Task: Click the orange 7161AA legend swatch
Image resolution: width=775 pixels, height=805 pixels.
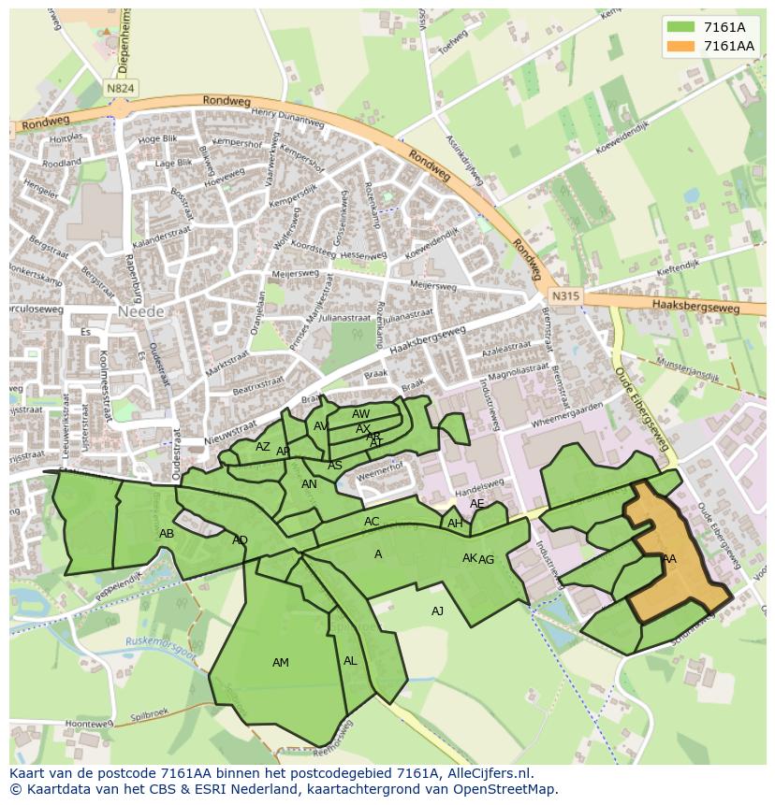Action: click(680, 46)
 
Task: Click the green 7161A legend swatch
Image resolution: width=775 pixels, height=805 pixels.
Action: click(680, 27)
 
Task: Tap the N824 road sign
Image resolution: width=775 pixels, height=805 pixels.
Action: click(120, 88)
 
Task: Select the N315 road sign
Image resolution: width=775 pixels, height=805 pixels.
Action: click(563, 296)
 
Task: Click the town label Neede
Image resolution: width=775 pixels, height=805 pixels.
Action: click(140, 311)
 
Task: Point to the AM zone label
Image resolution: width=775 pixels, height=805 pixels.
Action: click(280, 663)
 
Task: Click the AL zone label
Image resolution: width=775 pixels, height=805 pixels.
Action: click(350, 661)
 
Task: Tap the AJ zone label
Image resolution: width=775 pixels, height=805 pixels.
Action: click(437, 611)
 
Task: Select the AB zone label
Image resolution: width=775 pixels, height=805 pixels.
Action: click(167, 534)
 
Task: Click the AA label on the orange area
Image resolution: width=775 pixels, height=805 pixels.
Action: click(668, 559)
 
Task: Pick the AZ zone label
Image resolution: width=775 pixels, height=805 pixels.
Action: click(263, 447)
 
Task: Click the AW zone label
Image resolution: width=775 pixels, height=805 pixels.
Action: click(361, 414)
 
